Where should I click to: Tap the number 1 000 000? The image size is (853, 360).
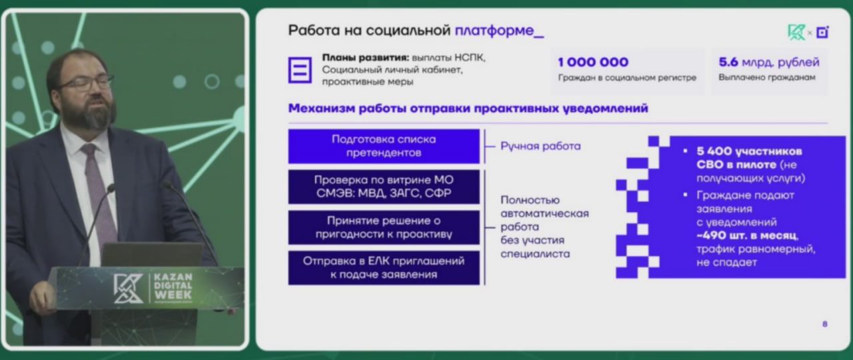click(x=592, y=62)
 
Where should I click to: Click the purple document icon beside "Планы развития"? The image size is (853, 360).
click(x=300, y=69)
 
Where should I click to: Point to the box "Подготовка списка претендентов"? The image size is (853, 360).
click(x=383, y=146)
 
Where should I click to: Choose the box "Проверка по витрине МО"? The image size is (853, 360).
click(x=383, y=187)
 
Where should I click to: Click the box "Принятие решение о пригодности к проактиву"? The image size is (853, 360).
click(x=383, y=227)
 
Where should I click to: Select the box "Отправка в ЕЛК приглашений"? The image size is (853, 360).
click(x=383, y=267)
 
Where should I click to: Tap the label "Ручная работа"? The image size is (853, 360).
click(x=540, y=146)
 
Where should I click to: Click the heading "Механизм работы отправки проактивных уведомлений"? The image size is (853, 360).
click(x=468, y=109)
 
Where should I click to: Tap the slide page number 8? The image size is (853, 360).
click(x=825, y=324)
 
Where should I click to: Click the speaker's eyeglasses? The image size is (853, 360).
click(x=87, y=84)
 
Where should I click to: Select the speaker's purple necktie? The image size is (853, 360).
click(x=100, y=193)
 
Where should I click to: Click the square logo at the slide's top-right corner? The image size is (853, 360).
click(x=822, y=31)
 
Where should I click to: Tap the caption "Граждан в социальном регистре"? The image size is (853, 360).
click(x=627, y=78)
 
